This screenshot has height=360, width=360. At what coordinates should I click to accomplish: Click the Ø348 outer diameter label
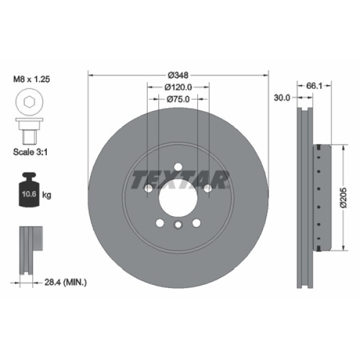click(178, 75)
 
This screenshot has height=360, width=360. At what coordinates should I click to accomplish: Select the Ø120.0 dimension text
click(178, 87)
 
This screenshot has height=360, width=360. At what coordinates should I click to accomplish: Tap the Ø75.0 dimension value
click(178, 99)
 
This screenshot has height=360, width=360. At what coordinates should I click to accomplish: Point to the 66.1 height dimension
click(315, 86)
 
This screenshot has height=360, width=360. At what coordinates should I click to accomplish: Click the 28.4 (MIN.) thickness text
click(65, 281)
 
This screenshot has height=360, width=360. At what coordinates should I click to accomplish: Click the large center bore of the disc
click(178, 197)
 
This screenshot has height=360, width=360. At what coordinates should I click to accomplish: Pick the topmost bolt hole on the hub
click(178, 168)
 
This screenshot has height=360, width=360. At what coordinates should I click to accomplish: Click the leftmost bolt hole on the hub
click(148, 189)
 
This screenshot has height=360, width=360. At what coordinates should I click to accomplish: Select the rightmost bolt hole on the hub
click(208, 189)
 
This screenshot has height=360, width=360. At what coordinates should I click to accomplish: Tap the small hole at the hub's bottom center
click(178, 225)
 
